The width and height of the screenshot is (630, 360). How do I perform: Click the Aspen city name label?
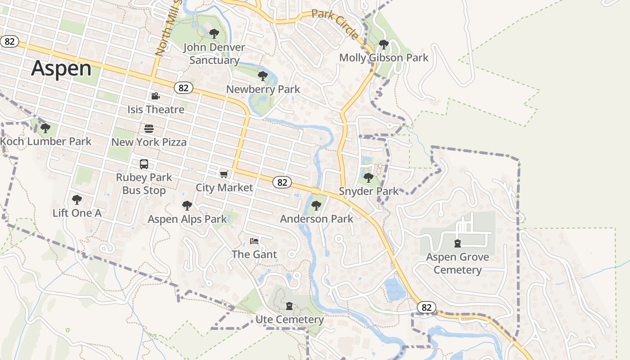pyautogui.click(x=61, y=68)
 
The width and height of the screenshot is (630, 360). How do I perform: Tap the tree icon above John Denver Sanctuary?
pyautogui.click(x=214, y=33)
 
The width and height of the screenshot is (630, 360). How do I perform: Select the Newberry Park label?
pyautogui.click(x=263, y=89)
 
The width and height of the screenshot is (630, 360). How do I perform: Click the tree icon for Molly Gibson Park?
pyautogui.click(x=383, y=44)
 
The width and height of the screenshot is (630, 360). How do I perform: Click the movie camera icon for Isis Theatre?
pyautogui.click(x=155, y=96)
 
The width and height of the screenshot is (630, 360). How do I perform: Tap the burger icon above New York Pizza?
pyautogui.click(x=149, y=129)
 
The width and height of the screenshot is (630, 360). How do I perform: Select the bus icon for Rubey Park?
pyautogui.click(x=144, y=164)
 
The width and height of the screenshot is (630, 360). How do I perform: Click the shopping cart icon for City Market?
pyautogui.click(x=224, y=174)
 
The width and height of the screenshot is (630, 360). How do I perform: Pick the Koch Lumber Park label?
pyautogui.click(x=46, y=141)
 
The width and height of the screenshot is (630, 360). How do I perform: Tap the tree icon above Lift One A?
pyautogui.click(x=77, y=199)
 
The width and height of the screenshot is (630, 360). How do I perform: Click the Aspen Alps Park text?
pyautogui.click(x=188, y=219)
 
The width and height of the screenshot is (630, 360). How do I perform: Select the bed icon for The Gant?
pyautogui.click(x=254, y=241)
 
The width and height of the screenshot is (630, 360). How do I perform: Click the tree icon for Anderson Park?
pyautogui.click(x=316, y=206)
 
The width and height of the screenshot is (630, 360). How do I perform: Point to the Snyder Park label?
pyautogui.click(x=369, y=191)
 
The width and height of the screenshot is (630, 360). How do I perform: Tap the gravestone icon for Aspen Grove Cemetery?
pyautogui.click(x=458, y=243)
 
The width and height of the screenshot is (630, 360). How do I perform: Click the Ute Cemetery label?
pyautogui.click(x=289, y=319)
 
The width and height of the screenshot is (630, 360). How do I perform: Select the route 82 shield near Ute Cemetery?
pyautogui.click(x=427, y=307)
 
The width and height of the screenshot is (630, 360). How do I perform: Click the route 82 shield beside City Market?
pyautogui.click(x=282, y=182)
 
